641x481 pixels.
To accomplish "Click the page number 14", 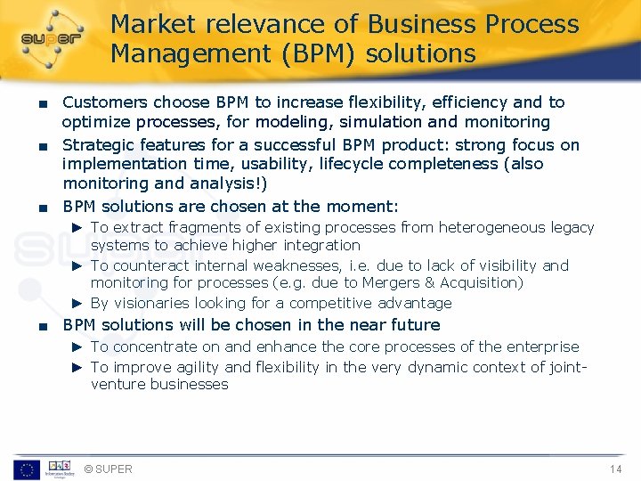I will coord(615,469).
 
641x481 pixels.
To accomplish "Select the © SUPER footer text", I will coord(108,469).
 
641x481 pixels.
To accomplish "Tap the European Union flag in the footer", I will coord(26,469).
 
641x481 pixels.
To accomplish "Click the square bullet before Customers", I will coord(31,103).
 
